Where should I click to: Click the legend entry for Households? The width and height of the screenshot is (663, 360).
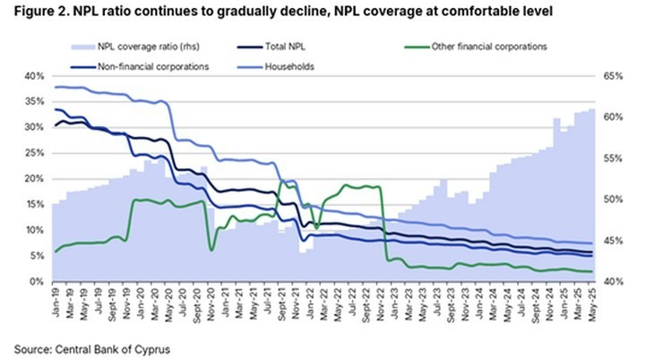point(287,66)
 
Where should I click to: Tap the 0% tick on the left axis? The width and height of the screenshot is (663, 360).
point(36,281)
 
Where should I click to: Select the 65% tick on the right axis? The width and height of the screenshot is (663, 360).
point(613,76)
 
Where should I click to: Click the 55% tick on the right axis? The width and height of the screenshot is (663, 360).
point(613,159)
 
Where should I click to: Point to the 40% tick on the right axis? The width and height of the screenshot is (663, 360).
point(613,281)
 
